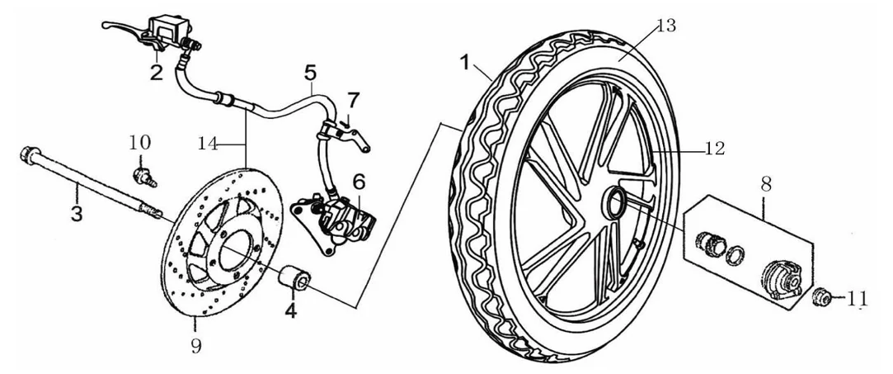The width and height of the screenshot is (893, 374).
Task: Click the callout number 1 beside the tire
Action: pyautogui.click(x=466, y=62)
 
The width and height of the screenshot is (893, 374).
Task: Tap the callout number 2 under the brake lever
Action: pyautogui.click(x=157, y=73)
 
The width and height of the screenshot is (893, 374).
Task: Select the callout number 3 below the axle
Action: pyautogui.click(x=77, y=214)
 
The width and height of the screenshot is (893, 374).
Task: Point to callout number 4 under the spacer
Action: pyautogui.click(x=291, y=310)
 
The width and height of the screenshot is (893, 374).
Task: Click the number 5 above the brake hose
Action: pyautogui.click(x=310, y=73)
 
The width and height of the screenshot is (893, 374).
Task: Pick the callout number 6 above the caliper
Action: pyautogui.click(x=358, y=182)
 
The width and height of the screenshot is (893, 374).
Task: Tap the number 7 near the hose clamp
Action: pyautogui.click(x=354, y=101)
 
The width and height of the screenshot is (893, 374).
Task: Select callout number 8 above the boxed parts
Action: pyautogui.click(x=766, y=183)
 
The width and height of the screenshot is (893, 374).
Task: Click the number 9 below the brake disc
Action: pyautogui.click(x=196, y=345)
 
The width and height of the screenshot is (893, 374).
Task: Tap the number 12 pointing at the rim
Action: pyautogui.click(x=713, y=149)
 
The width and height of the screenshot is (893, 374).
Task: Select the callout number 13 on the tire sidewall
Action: pyautogui.click(x=665, y=25)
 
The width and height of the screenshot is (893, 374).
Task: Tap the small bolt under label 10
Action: pyautogui.click(x=143, y=177)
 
